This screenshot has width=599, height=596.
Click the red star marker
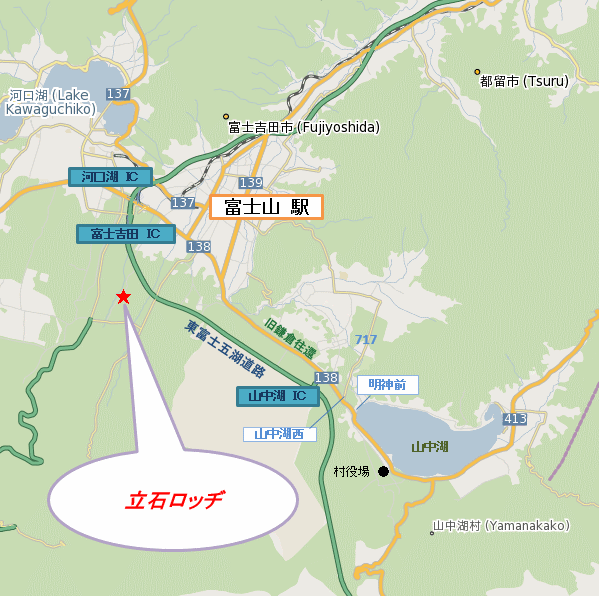tap(123, 297)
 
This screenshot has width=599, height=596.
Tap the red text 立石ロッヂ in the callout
tap(175, 499)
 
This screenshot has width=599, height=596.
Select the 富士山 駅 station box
tap(266, 207)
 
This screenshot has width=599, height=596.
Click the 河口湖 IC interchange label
tap(110, 177)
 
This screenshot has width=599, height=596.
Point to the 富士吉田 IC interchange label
tap(125, 234)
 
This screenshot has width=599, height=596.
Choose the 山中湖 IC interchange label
tap(278, 396)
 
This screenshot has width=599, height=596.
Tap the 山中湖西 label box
tap(280, 434)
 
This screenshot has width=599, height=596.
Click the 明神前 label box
tap(387, 384)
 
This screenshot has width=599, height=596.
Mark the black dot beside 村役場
tap(383, 471)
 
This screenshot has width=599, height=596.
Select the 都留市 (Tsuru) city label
tap(524, 81)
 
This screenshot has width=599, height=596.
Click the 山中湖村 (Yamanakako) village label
tap(501, 526)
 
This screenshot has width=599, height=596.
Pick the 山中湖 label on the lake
tap(429, 446)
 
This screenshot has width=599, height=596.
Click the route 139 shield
tap(251, 183)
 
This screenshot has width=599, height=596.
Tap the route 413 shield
tap(515, 419)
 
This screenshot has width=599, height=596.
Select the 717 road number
tap(366, 340)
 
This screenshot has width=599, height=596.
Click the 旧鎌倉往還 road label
tap(291, 339)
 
